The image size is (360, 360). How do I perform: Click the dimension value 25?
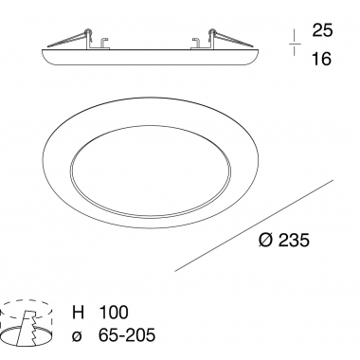pyautogui.click(x=322, y=30)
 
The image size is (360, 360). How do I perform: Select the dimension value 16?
pyautogui.click(x=322, y=59)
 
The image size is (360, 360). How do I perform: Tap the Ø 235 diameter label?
pyautogui.click(x=284, y=241)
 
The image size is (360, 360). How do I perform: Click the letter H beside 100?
pyautogui.click(x=79, y=312)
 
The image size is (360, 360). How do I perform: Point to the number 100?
pyautogui.click(x=114, y=312)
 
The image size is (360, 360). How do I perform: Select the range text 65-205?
pyautogui.click(x=127, y=334)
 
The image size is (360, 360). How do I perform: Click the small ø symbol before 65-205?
pyautogui.click(x=78, y=336)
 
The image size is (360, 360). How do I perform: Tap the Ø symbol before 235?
pyautogui.click(x=265, y=241)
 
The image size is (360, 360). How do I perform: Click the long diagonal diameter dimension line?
pyautogui.click(x=254, y=225)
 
